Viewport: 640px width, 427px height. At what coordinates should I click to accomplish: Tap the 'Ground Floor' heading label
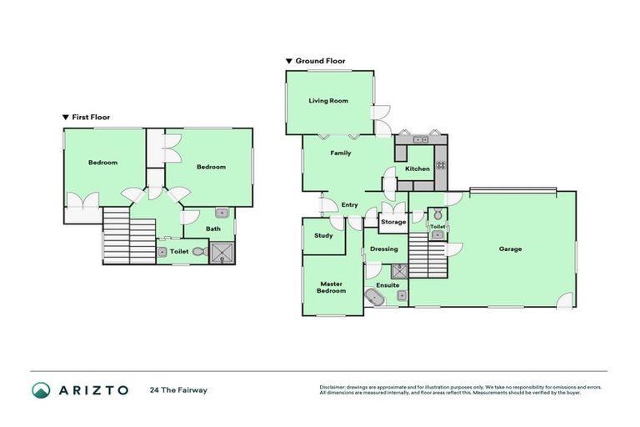click(320, 61)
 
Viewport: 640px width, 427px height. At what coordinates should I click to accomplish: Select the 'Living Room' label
click(328, 101)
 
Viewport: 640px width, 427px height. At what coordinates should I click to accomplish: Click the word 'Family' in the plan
click(341, 153)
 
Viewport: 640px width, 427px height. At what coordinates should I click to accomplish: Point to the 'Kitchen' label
click(417, 169)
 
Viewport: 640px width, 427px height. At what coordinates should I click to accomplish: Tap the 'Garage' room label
click(510, 249)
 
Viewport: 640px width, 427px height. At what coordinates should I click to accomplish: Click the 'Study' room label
click(324, 235)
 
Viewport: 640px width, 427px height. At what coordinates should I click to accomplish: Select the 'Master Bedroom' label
click(332, 288)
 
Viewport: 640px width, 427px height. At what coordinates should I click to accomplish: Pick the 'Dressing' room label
click(384, 249)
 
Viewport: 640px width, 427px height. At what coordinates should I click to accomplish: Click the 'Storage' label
click(393, 222)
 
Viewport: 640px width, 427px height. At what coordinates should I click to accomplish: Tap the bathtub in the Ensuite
click(372, 297)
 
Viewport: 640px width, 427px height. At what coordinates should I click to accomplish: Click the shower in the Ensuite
click(399, 269)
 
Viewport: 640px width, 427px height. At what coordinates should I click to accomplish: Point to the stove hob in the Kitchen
click(440, 164)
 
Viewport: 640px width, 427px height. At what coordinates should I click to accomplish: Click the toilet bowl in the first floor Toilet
click(198, 251)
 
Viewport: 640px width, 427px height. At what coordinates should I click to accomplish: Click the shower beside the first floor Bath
click(222, 252)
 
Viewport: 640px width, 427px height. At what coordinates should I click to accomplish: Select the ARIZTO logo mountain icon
click(42, 389)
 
